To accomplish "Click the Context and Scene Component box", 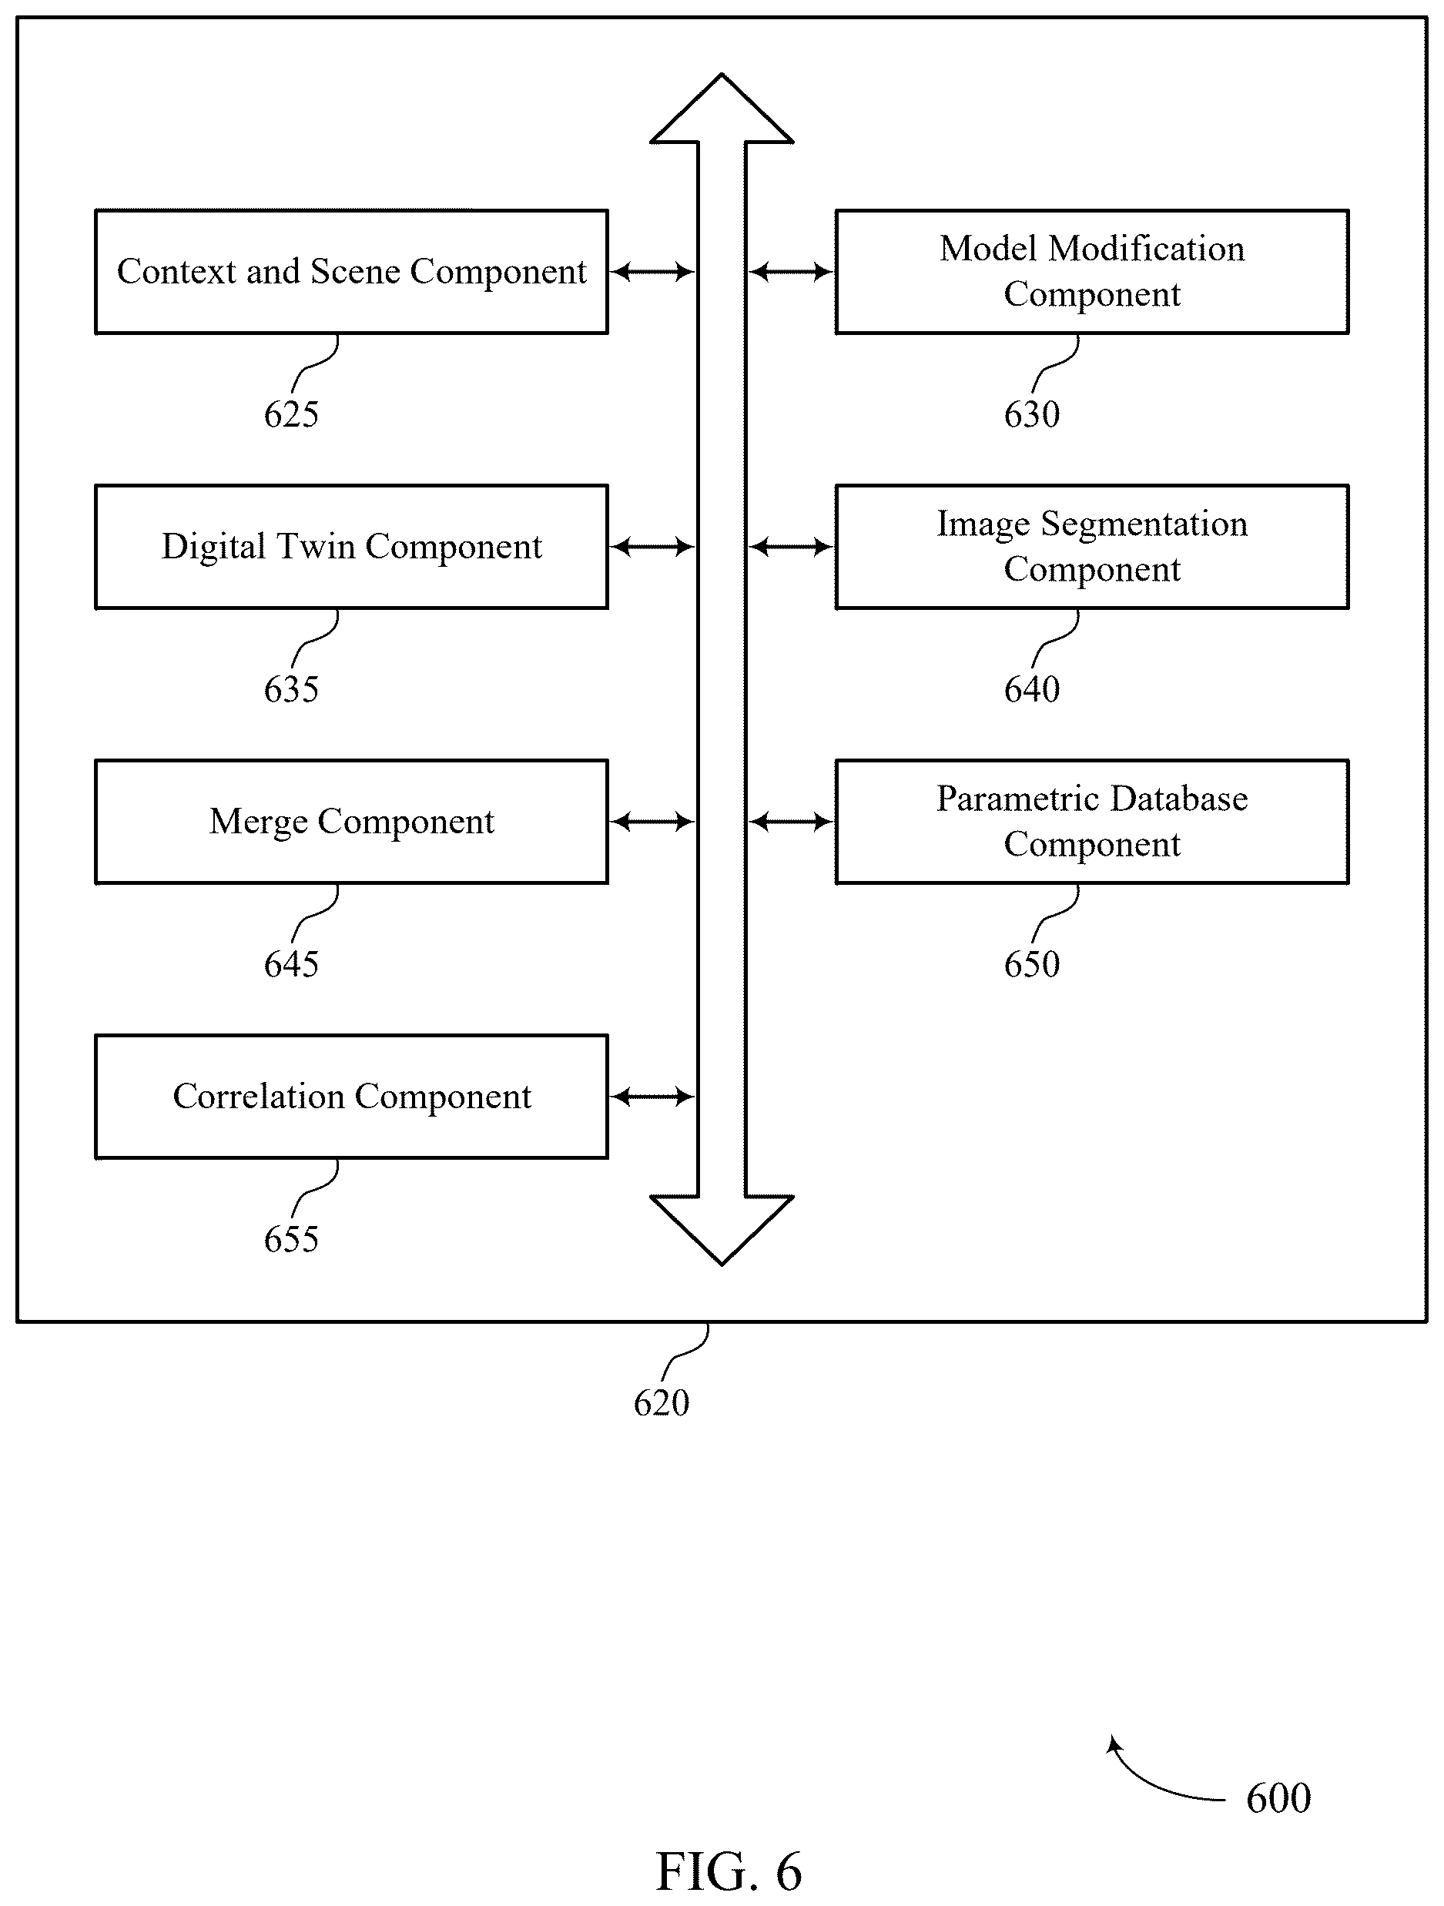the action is pyautogui.click(x=351, y=271).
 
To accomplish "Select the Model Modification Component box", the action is pyautogui.click(x=1091, y=271).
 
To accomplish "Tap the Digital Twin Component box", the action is pyautogui.click(x=351, y=546).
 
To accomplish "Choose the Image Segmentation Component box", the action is pyautogui.click(x=1091, y=546).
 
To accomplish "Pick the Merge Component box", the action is pyautogui.click(x=351, y=821).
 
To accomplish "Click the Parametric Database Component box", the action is pyautogui.click(x=1091, y=821).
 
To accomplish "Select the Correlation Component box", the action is pyautogui.click(x=351, y=1096).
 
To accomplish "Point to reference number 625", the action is pyautogui.click(x=291, y=414).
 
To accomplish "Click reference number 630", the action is pyautogui.click(x=1031, y=414).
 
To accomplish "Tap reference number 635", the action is pyautogui.click(x=291, y=689).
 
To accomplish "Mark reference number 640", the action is pyautogui.click(x=1031, y=689).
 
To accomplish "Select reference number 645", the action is pyautogui.click(x=291, y=964).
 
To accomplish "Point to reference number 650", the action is pyautogui.click(x=1031, y=964).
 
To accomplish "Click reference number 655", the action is pyautogui.click(x=291, y=1239).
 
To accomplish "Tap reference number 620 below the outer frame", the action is pyautogui.click(x=661, y=1403).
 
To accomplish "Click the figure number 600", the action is pyautogui.click(x=1278, y=1798).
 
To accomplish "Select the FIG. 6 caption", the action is pyautogui.click(x=729, y=1871).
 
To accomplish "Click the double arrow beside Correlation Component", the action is pyautogui.click(x=652, y=1096).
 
